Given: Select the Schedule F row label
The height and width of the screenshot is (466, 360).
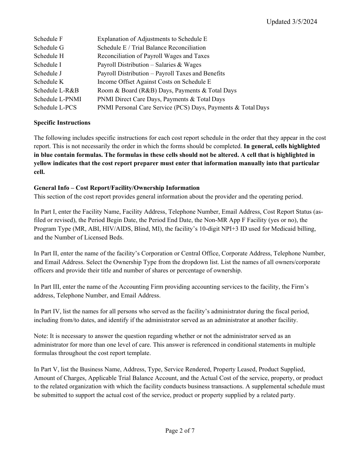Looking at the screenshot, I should pos(48,39).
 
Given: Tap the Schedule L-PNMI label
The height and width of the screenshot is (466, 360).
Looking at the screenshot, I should pos(57,99).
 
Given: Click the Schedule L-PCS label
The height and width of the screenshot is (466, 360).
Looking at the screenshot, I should pos(55,108).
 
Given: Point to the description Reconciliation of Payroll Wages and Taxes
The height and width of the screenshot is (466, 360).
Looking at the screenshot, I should pos(153,56).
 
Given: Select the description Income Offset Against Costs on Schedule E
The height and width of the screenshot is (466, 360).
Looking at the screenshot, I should pos(154,82).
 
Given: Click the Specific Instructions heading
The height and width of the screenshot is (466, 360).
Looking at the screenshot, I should pos(62,123).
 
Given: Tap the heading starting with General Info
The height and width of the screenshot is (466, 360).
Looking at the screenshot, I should pos(116,188).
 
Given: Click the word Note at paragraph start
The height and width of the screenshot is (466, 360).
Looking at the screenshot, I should pos(40,336).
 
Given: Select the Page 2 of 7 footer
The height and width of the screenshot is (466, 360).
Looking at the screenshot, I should pos(180,431).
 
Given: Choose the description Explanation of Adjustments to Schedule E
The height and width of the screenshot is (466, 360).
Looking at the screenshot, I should pos(152,39).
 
